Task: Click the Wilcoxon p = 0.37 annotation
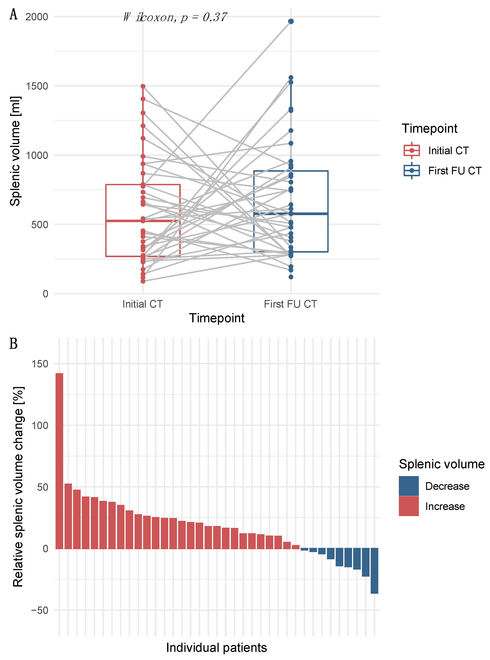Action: pyautogui.click(x=175, y=17)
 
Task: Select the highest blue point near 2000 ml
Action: pyautogui.click(x=291, y=21)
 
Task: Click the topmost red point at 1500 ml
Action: pyautogui.click(x=143, y=86)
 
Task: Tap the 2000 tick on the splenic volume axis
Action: pyautogui.click(x=37, y=17)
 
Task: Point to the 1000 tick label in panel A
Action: pyautogui.click(x=37, y=155)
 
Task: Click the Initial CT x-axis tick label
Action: pyautogui.click(x=143, y=304)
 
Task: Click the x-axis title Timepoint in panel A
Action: pyautogui.click(x=217, y=318)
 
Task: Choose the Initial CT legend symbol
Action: pyautogui.click(x=412, y=150)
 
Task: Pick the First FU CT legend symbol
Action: pyautogui.click(x=412, y=171)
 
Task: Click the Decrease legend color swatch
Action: pyautogui.click(x=408, y=486)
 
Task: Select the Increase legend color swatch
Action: pyautogui.click(x=408, y=506)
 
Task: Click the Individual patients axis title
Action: pyautogui.click(x=217, y=648)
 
